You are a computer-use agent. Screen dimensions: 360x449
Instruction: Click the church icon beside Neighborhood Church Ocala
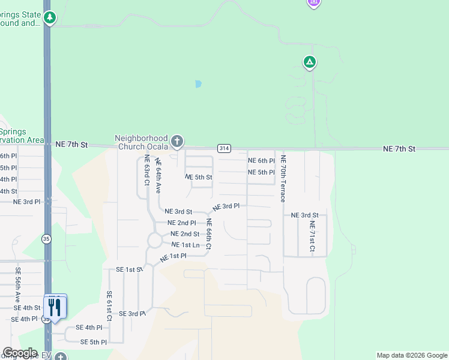click(x=176, y=142)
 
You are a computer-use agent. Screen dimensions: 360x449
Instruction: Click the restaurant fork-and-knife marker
click(x=55, y=307)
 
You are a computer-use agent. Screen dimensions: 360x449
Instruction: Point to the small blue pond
click(x=198, y=84)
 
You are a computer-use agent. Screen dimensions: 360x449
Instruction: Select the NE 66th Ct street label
click(x=209, y=234)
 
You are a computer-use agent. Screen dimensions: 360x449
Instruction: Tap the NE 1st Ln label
click(x=185, y=245)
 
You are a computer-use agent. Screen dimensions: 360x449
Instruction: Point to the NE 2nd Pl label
click(x=181, y=223)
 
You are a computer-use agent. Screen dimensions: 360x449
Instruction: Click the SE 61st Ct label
click(x=109, y=306)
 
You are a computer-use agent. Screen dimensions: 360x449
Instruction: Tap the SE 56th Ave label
click(x=18, y=284)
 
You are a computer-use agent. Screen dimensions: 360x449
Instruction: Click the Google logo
click(x=20, y=353)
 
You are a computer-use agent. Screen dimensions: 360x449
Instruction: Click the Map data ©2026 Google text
click(x=412, y=355)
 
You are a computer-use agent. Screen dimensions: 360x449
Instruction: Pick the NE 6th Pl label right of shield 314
click(x=261, y=161)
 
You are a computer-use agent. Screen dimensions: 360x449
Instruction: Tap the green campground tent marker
click(x=310, y=62)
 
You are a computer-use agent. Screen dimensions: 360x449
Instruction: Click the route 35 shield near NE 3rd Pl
click(x=46, y=239)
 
